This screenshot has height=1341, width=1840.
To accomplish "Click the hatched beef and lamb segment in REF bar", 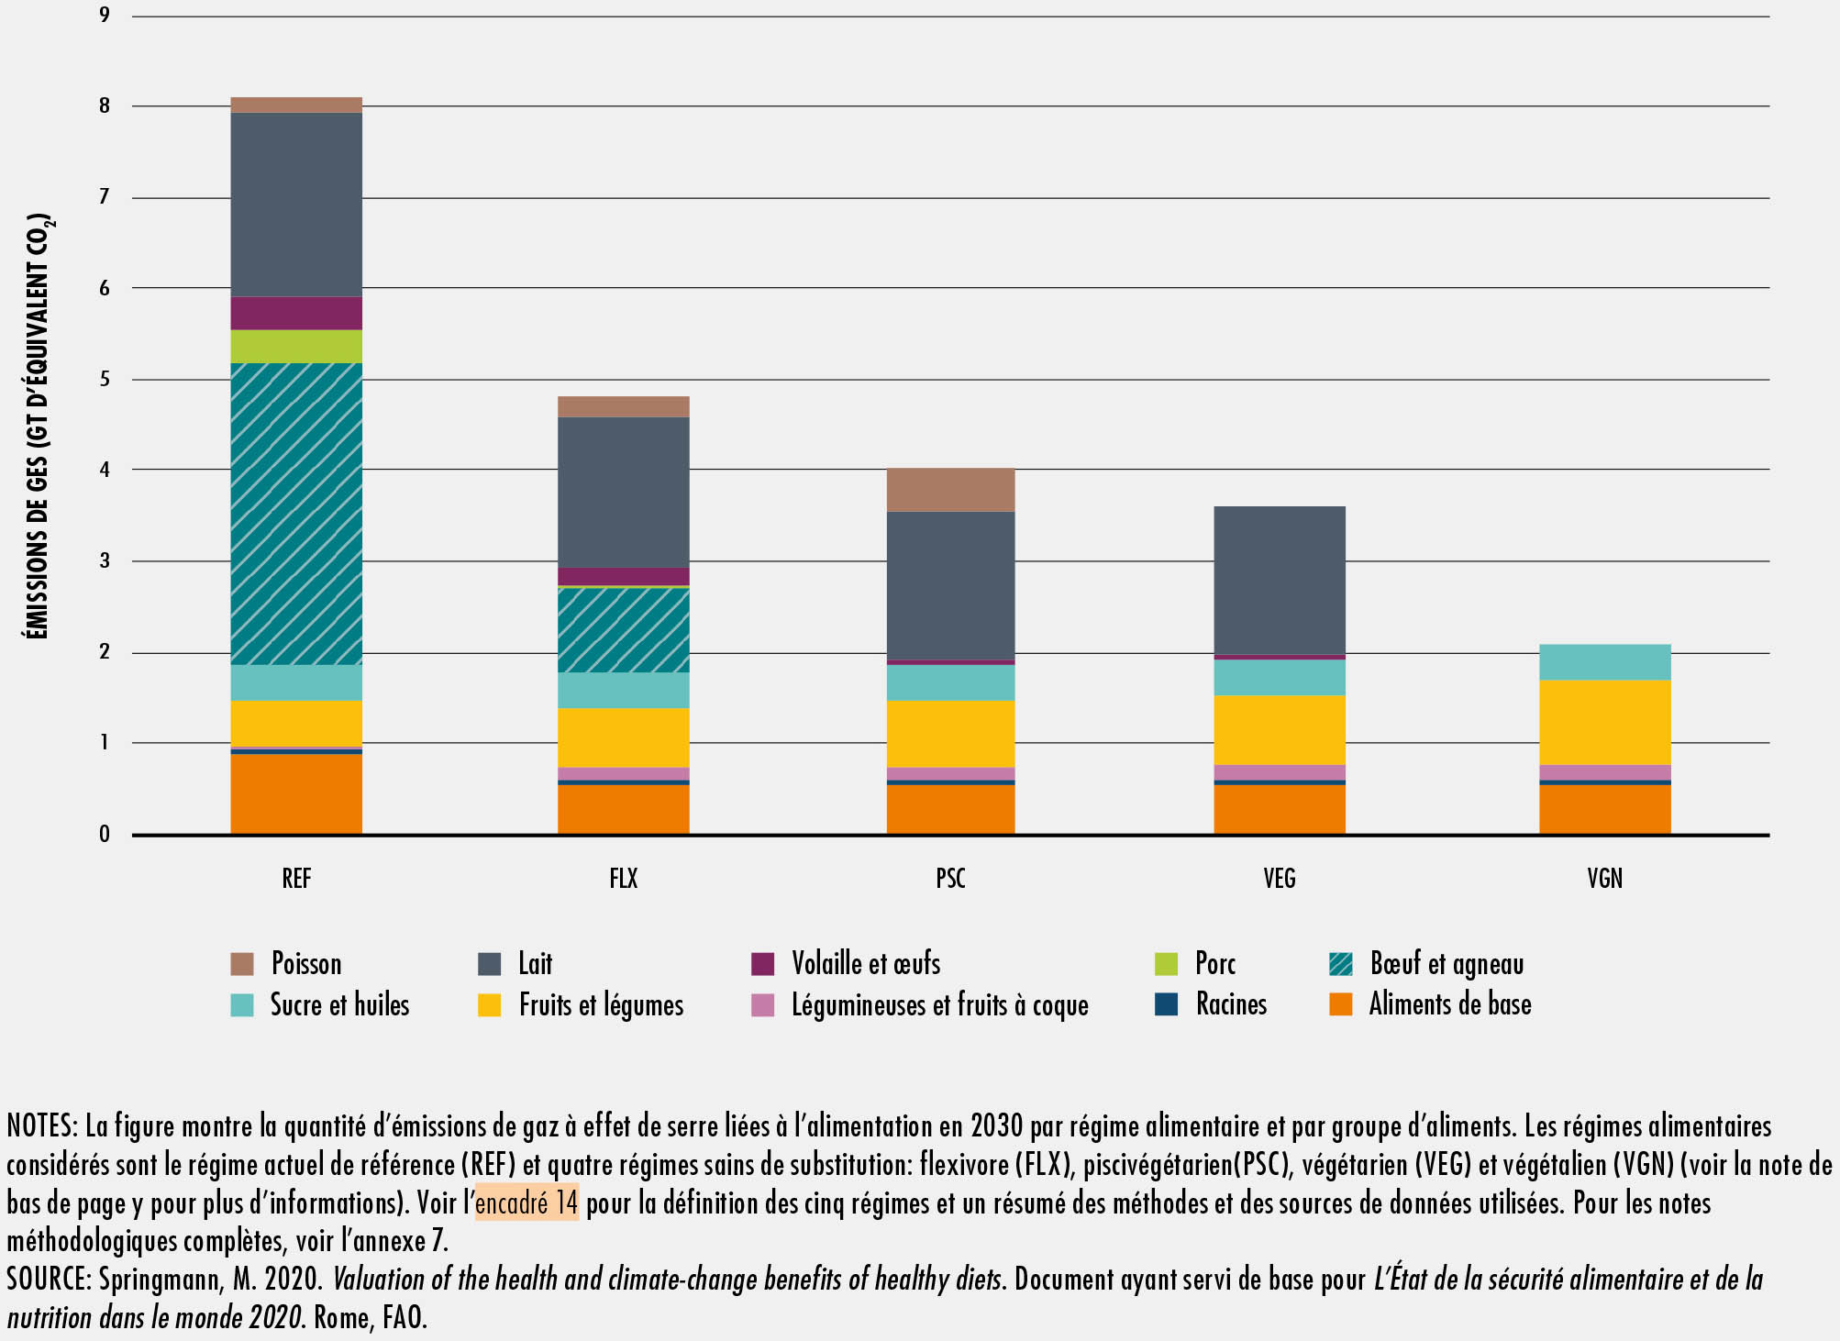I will [x=296, y=514].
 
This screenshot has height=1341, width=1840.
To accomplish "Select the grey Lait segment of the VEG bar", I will [x=1280, y=581].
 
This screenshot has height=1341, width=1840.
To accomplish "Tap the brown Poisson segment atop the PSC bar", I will [x=950, y=490].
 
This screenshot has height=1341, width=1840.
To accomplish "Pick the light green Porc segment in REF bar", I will [x=296, y=347].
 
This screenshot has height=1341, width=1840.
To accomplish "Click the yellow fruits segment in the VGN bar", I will [x=1604, y=722].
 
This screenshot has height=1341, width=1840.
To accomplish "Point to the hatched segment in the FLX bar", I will [x=624, y=630].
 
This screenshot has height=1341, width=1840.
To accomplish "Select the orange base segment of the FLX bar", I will [x=624, y=809].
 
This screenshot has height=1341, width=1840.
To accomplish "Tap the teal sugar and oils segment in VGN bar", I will [x=1604, y=662].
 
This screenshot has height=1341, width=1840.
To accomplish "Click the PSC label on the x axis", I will [x=950, y=879].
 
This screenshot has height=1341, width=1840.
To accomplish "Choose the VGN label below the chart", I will [x=1604, y=879].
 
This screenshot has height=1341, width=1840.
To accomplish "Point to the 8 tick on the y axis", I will [x=105, y=106].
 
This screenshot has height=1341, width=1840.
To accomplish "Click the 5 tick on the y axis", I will [x=105, y=379].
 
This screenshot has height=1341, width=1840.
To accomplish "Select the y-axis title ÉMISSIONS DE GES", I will [x=39, y=426].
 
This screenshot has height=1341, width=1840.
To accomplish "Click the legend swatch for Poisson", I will [x=242, y=964].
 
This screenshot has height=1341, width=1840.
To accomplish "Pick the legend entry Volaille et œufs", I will [x=865, y=964].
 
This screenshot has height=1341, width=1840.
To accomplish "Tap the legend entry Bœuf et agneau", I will [x=1446, y=964].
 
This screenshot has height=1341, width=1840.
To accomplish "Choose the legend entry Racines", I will [x=1230, y=1004].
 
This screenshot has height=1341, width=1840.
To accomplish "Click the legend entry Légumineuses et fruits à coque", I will [x=939, y=1005].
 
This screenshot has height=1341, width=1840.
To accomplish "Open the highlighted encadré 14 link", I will [x=527, y=1202].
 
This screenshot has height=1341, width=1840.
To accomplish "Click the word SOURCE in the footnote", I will [x=46, y=1280].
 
